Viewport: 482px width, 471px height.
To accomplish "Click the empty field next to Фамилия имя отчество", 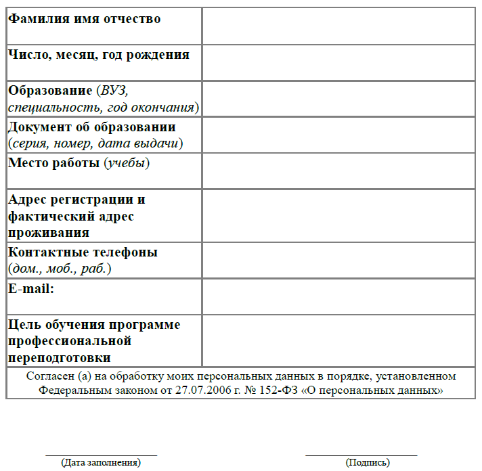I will click(x=338, y=26).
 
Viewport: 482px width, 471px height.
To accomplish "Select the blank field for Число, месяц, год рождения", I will click(x=338, y=62).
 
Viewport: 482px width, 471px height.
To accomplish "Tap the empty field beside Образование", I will click(x=338, y=99).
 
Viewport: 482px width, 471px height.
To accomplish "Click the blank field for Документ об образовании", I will click(x=338, y=135).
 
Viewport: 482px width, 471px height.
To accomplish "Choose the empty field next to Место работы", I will click(x=338, y=171).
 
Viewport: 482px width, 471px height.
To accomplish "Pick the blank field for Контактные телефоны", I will click(x=338, y=260).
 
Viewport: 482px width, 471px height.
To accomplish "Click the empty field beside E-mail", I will click(x=338, y=296).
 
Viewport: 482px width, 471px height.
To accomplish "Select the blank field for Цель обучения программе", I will click(x=338, y=340).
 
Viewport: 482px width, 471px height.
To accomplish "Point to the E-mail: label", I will click(x=31, y=289).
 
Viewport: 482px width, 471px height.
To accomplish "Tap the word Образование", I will click(x=50, y=91).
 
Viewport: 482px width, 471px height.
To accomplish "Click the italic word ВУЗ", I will click(x=114, y=91).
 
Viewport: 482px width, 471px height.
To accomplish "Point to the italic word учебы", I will click(x=127, y=163).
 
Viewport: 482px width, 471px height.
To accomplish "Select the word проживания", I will click(x=49, y=233).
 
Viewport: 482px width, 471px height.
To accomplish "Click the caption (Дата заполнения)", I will click(x=101, y=463).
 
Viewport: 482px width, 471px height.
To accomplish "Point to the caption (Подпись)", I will click(x=368, y=463).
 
